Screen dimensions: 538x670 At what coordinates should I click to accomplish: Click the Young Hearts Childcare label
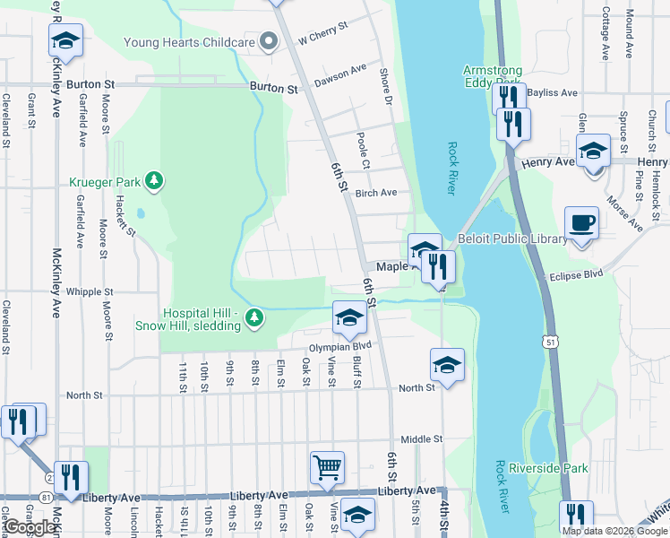pyautogui.click(x=189, y=41)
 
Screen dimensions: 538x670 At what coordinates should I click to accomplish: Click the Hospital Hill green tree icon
pyautogui.click(x=255, y=317)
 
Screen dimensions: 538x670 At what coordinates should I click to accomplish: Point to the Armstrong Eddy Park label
pyautogui.click(x=491, y=76)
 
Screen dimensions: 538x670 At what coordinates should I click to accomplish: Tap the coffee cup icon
pyautogui.click(x=581, y=223)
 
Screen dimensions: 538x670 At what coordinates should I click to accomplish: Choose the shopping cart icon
pyautogui.click(x=327, y=467)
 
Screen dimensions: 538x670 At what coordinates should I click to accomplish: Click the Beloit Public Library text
pyautogui.click(x=512, y=239)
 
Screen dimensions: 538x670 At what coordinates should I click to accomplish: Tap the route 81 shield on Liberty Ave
pyautogui.click(x=45, y=496)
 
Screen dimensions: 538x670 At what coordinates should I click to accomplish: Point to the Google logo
pyautogui.click(x=30, y=527)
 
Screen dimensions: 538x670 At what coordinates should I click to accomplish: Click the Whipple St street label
pyautogui.click(x=90, y=292)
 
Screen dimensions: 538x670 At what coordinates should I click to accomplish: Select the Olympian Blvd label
pyautogui.click(x=340, y=345)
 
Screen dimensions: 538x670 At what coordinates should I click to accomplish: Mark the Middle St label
pyautogui.click(x=422, y=439)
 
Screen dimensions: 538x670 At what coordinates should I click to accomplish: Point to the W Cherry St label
pyautogui.click(x=322, y=35)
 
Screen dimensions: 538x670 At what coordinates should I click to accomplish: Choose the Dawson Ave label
pyautogui.click(x=340, y=75)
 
